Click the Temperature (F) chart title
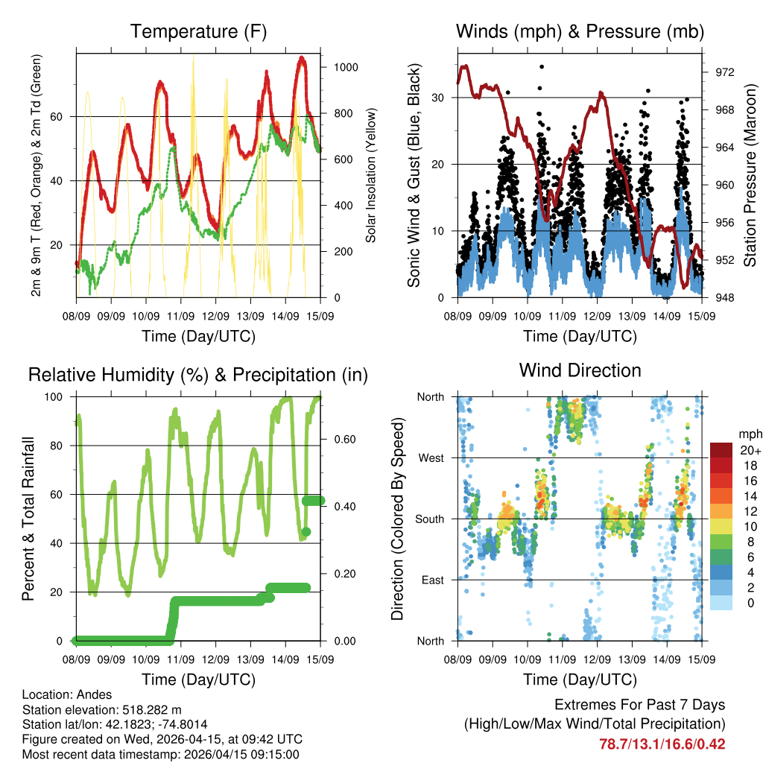(198, 32)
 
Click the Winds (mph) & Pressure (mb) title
(580, 32)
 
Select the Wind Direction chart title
(580, 370)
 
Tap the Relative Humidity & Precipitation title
(198, 375)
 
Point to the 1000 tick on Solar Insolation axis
(346, 67)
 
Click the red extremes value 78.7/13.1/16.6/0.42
(662, 744)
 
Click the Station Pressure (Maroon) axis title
(750, 175)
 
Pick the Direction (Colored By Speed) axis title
(397, 519)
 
